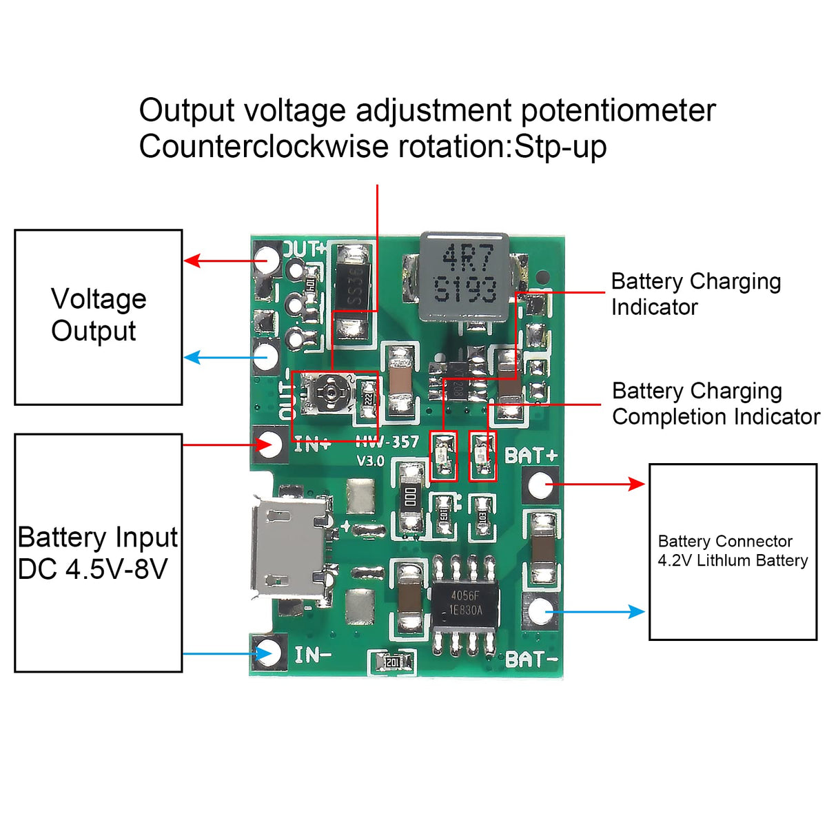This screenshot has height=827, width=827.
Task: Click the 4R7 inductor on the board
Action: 465,276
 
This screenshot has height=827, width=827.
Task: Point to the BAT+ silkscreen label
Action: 531,456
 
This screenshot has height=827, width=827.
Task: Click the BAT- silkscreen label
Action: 531,660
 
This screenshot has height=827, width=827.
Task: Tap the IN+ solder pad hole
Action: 270,444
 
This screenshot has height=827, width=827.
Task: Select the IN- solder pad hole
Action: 269,652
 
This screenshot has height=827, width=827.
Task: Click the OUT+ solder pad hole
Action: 267,260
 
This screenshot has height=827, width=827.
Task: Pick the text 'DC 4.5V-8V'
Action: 92,569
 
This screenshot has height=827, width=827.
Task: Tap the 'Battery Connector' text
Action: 725,541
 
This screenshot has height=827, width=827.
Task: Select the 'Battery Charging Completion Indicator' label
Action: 715,404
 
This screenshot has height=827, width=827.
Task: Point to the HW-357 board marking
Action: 387,442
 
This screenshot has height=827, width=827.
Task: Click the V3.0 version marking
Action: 370,460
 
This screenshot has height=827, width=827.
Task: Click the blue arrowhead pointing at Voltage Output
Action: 192,358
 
